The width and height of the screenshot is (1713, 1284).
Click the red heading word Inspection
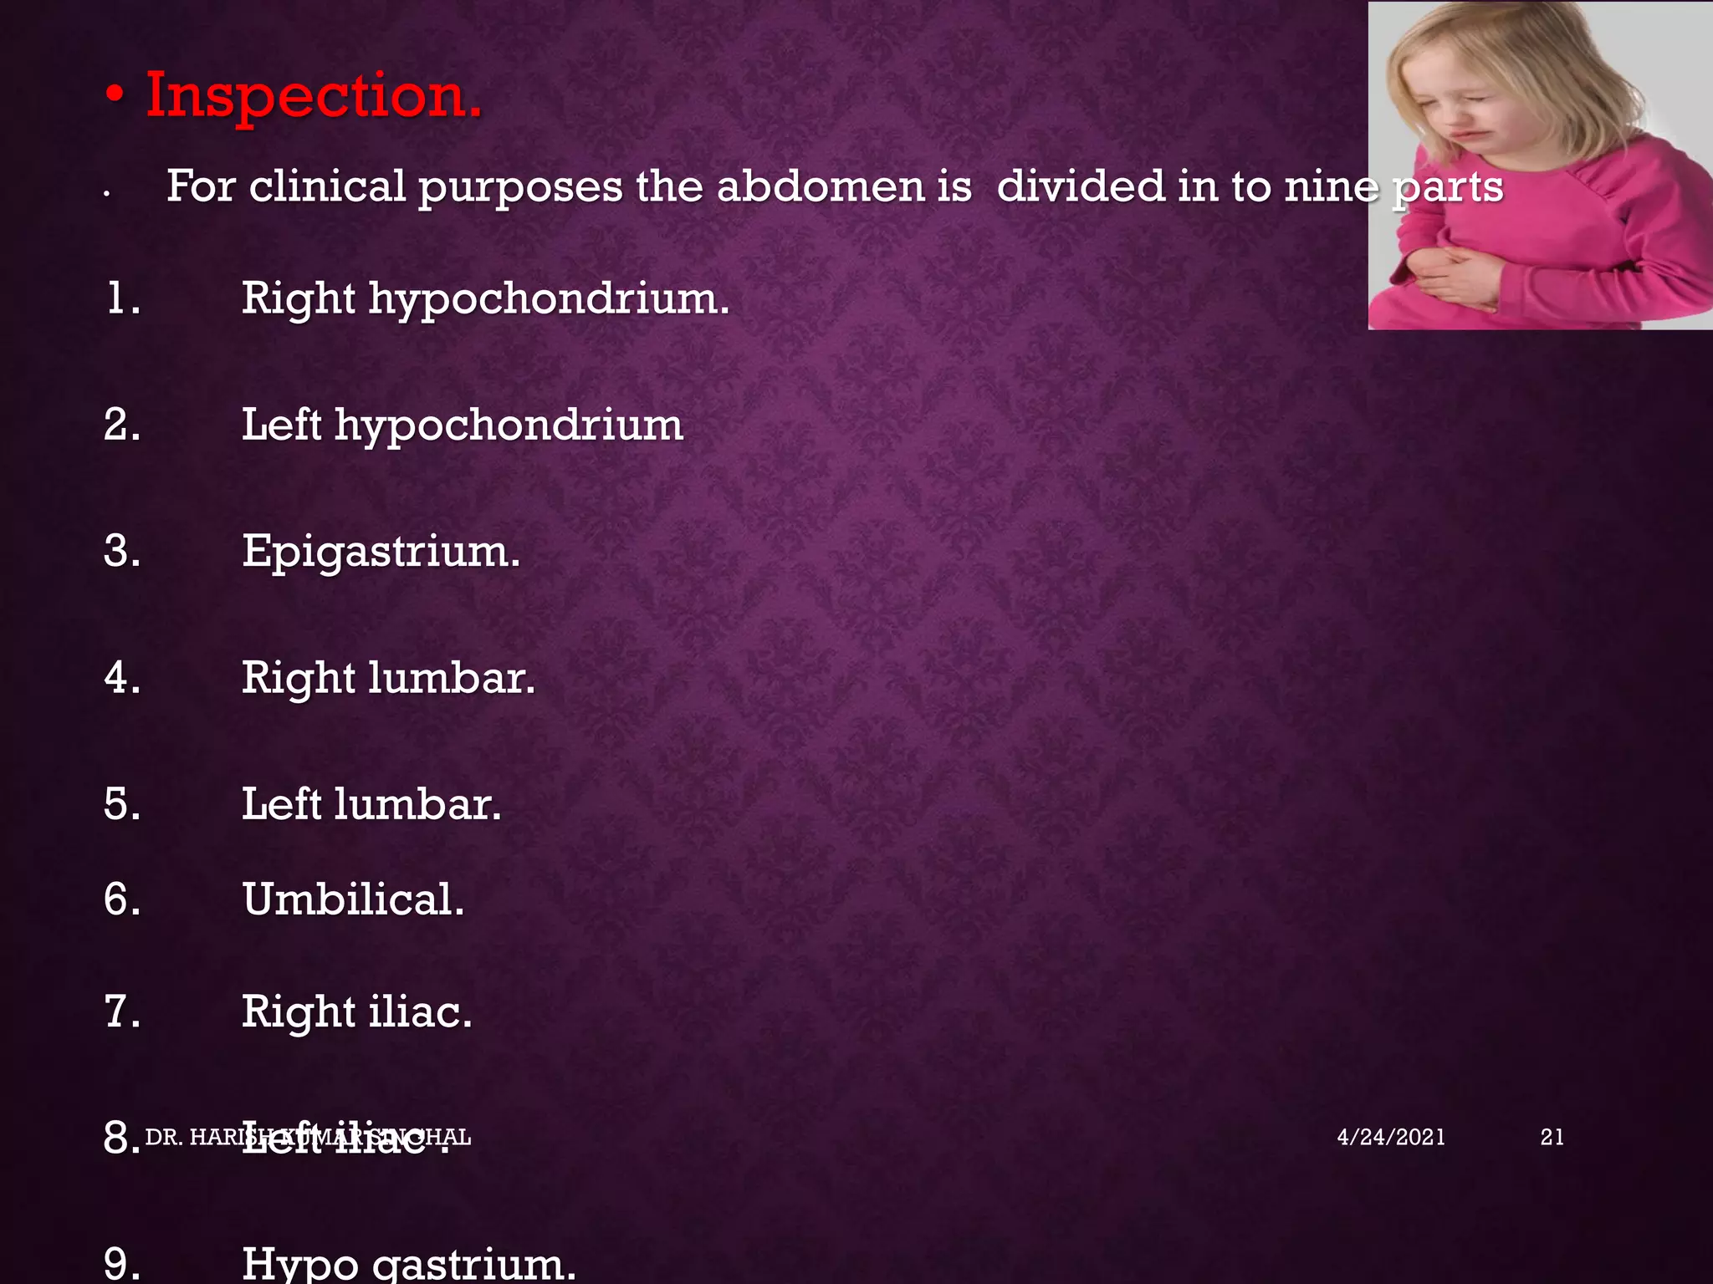314,95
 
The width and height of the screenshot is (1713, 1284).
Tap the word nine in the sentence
1331,186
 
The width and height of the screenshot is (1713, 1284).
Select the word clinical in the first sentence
327,186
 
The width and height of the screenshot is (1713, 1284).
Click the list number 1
122,298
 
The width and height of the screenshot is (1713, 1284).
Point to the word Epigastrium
381,553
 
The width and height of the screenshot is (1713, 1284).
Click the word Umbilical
353,899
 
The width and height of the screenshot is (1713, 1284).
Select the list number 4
122,677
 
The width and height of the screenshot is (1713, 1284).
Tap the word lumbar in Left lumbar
417,804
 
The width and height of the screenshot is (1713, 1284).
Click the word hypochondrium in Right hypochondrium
549,299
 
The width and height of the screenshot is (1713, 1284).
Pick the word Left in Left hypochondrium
281,425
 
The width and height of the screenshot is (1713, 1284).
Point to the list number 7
122,1011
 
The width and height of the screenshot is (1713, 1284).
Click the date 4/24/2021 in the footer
1391,1137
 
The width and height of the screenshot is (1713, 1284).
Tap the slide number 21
1552,1137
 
